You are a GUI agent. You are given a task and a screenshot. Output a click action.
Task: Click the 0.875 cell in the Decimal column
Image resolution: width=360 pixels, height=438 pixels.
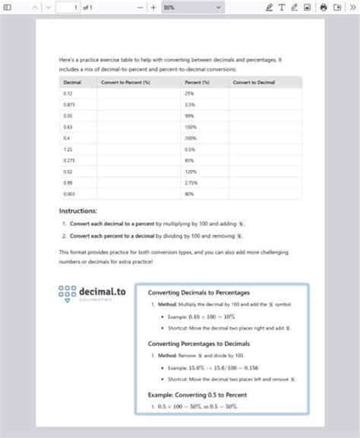(70, 104)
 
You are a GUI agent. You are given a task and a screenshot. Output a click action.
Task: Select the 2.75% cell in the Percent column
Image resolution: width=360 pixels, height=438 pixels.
(191, 183)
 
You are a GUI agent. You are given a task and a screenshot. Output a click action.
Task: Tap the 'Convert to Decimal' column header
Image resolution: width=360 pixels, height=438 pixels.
(254, 81)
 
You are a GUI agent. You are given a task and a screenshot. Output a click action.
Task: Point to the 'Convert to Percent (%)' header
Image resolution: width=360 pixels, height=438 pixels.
(125, 81)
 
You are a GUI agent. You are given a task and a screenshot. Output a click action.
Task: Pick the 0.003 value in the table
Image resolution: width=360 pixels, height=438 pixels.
(70, 194)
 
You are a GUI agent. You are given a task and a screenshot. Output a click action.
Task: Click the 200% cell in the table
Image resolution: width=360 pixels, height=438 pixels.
(190, 138)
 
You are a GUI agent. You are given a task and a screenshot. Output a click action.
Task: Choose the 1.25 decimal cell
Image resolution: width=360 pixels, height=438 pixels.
(68, 150)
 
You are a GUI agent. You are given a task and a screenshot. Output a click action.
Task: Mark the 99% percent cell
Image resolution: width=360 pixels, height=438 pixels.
(189, 115)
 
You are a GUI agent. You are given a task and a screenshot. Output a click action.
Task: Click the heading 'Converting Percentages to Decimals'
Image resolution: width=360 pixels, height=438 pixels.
(198, 344)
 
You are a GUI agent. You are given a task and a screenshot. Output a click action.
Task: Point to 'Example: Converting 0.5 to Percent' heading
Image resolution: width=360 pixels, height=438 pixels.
(197, 395)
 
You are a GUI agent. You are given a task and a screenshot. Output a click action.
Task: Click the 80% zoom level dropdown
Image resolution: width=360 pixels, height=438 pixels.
(191, 7)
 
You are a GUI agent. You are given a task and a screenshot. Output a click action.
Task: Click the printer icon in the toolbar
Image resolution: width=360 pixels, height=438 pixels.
(324, 7)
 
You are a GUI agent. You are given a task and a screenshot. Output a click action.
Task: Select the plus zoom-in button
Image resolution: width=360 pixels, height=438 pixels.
(153, 7)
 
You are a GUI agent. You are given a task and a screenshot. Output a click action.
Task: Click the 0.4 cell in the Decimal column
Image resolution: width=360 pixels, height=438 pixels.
(68, 138)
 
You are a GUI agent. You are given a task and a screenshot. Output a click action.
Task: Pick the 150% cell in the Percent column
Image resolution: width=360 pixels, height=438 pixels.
(190, 127)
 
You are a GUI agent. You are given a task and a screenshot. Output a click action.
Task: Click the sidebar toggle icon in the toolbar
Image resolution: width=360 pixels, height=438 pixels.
(8, 7)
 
